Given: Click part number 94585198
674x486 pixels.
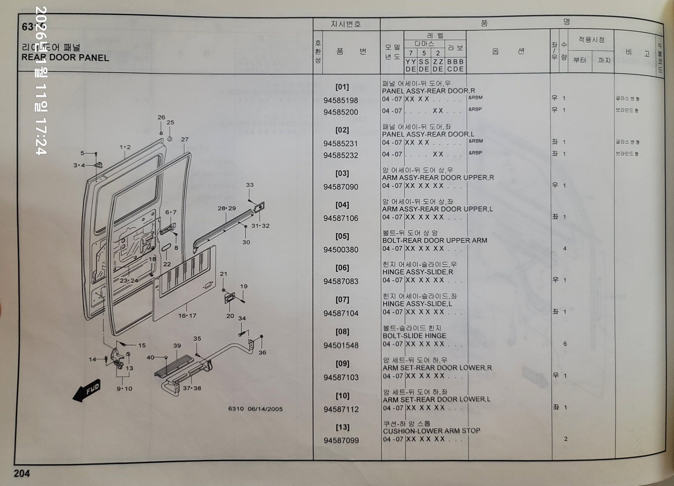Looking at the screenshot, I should coord(341,100).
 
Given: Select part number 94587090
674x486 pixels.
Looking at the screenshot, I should coord(341,187).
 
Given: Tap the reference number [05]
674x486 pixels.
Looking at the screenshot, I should coord(342,236).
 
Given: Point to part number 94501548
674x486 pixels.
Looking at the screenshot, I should coord(341,345).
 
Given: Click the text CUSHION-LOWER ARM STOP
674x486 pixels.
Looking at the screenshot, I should coord(431,431).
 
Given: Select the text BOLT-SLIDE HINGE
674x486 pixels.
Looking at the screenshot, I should coord(414,336).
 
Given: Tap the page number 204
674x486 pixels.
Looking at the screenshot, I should coord(22,473).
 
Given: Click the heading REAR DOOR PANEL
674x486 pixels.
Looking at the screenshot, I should coord(65,58).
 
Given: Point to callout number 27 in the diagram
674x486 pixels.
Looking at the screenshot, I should coord(185,139).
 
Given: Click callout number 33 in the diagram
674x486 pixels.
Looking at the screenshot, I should coord(250,185).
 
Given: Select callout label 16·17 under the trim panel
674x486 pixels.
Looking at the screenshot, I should coord(187,316).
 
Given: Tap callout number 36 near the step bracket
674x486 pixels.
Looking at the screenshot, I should coord(262,353).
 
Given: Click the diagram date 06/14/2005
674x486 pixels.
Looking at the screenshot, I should coord(265,409).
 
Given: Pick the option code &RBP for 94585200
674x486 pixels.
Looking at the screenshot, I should coord(475,109).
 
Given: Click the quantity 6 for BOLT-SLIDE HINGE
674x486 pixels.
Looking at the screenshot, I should coord(565,344).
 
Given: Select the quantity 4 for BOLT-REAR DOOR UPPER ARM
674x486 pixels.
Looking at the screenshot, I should coord(565,249).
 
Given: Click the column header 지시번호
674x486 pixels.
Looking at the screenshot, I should coord(346,24).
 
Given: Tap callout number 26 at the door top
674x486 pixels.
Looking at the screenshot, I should coord(161,117).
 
